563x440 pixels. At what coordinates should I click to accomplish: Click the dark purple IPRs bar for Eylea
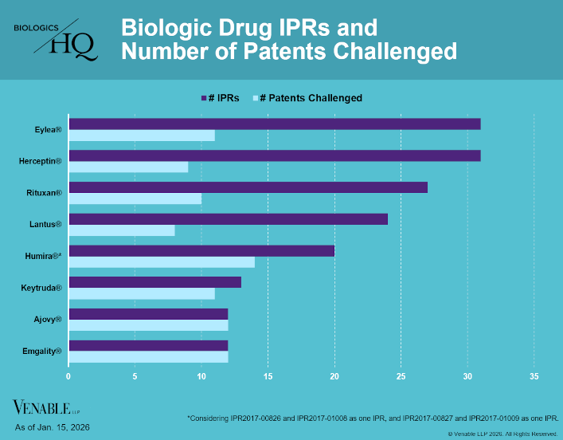[275, 124]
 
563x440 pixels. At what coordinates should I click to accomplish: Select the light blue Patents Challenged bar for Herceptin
[128, 167]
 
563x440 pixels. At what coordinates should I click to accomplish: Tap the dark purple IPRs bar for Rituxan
[248, 187]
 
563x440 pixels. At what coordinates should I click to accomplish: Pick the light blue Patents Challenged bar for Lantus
[122, 230]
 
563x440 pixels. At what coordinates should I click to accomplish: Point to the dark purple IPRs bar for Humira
[201, 250]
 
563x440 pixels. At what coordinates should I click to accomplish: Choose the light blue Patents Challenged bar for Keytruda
[142, 293]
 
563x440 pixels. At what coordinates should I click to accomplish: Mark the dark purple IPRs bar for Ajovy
[148, 313]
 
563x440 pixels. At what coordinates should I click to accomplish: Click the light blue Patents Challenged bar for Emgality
[148, 356]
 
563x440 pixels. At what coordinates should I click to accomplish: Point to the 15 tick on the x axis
[268, 376]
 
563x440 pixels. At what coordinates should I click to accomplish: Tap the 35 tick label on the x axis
[534, 376]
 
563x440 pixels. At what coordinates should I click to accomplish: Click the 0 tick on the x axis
[68, 376]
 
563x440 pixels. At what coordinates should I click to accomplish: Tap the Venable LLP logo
[46, 409]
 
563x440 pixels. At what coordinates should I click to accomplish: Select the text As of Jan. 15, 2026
[53, 428]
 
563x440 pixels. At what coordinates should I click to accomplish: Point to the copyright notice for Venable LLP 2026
[502, 434]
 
